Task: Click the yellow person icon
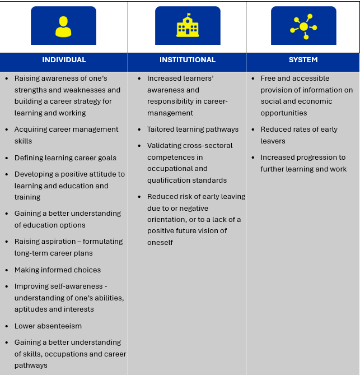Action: coord(63,26)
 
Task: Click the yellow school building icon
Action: coord(188,26)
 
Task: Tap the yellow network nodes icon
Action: coord(303,26)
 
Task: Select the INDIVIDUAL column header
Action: coord(64,60)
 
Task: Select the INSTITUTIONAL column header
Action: coord(188,60)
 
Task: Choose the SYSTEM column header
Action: coord(303,60)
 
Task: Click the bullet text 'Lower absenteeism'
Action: coord(48,326)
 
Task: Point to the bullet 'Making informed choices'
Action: coord(58,270)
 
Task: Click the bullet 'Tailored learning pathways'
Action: coord(193,129)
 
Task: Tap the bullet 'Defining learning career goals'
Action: coord(66,158)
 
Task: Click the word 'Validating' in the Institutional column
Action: coord(165,146)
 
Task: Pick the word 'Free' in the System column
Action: coord(268,78)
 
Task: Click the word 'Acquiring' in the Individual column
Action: coord(31,129)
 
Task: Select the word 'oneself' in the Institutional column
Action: coord(160,243)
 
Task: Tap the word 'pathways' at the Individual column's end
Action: coord(31,365)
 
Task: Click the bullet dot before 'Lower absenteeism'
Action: coord(7,326)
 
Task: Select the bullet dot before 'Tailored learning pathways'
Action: coord(139,129)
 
